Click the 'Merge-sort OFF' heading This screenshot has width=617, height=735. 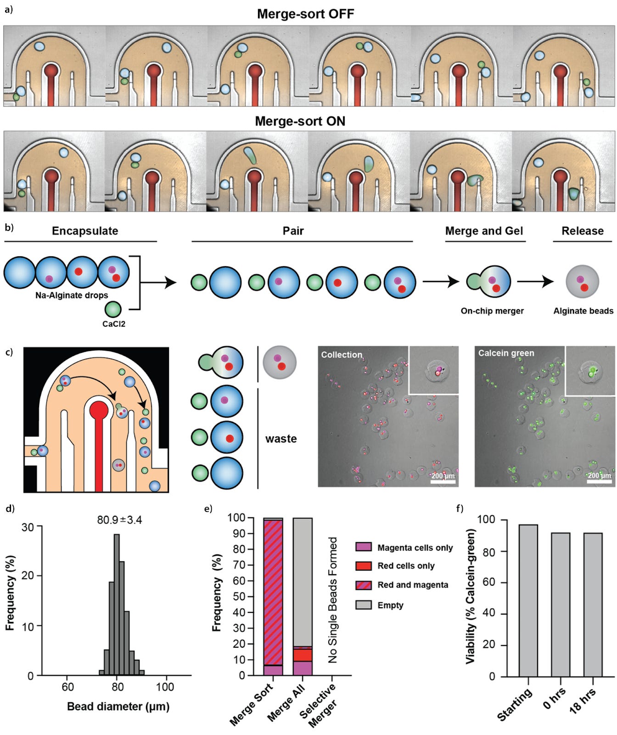tap(305, 14)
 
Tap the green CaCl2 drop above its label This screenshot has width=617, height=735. tap(113, 309)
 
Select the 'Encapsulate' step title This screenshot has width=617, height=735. tap(85, 231)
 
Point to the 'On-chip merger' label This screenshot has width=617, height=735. tap(492, 311)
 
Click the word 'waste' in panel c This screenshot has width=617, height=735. tap(281, 439)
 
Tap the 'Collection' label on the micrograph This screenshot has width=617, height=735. tap(342, 355)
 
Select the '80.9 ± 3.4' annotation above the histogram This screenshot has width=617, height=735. tap(119, 520)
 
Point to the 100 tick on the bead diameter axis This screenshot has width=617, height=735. tap(165, 687)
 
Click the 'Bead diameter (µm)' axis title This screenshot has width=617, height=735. tap(118, 706)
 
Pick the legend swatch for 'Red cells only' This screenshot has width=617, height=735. tap(364, 566)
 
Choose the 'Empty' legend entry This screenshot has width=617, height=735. tap(390, 605)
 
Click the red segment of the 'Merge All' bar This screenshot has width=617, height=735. tap(303, 655)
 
